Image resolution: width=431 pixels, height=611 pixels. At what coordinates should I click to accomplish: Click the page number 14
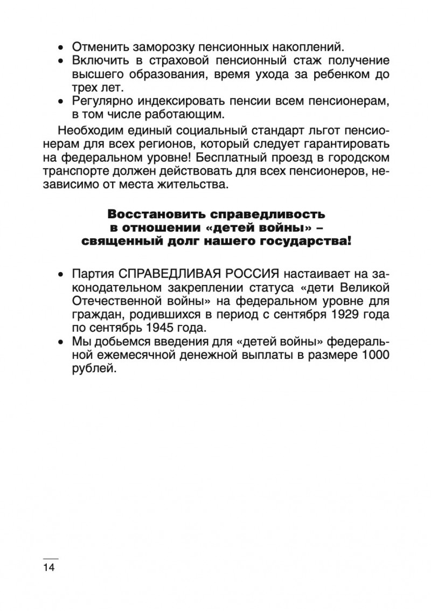point(48,567)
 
